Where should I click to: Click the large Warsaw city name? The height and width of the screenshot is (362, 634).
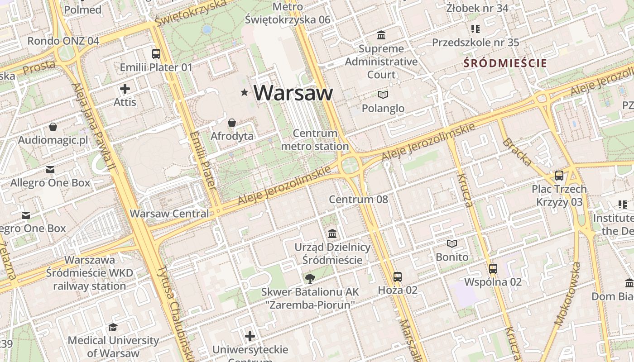click(293, 93)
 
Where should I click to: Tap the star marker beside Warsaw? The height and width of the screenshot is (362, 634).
click(245, 93)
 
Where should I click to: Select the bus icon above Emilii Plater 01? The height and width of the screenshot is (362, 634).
click(156, 53)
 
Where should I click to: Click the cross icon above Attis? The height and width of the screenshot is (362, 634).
click(125, 89)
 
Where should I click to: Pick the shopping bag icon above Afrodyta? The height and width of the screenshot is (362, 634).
click(232, 123)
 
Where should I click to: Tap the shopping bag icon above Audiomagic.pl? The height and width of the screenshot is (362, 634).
click(53, 127)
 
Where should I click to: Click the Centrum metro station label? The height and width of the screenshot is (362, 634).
click(315, 140)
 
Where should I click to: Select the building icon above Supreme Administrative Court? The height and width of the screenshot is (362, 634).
click(381, 35)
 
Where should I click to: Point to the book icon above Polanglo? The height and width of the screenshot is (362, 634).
click(383, 95)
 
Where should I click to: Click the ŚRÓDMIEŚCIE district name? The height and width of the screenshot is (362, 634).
click(505, 63)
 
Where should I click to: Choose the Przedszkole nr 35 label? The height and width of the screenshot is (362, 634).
click(475, 43)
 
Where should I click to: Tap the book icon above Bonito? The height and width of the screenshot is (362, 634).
click(452, 243)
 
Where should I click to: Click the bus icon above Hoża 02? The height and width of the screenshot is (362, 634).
click(398, 276)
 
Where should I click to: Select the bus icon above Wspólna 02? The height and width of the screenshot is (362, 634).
click(493, 268)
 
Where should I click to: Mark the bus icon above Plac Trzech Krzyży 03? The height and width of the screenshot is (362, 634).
click(559, 176)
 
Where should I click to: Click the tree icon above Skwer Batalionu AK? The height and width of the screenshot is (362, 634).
click(310, 278)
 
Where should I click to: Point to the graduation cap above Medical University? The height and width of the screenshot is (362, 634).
click(113, 327)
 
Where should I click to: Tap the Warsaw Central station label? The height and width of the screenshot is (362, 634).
click(169, 214)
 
